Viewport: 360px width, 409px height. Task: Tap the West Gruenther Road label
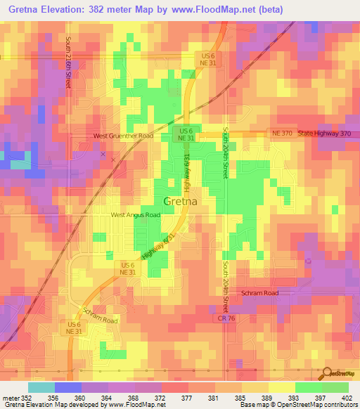coord(124,136)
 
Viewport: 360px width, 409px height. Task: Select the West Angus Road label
coord(135,215)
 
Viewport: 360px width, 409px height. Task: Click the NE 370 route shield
coord(281,133)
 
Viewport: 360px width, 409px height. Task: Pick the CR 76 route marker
coord(223,318)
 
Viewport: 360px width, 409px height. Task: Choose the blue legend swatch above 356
coord(67,387)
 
